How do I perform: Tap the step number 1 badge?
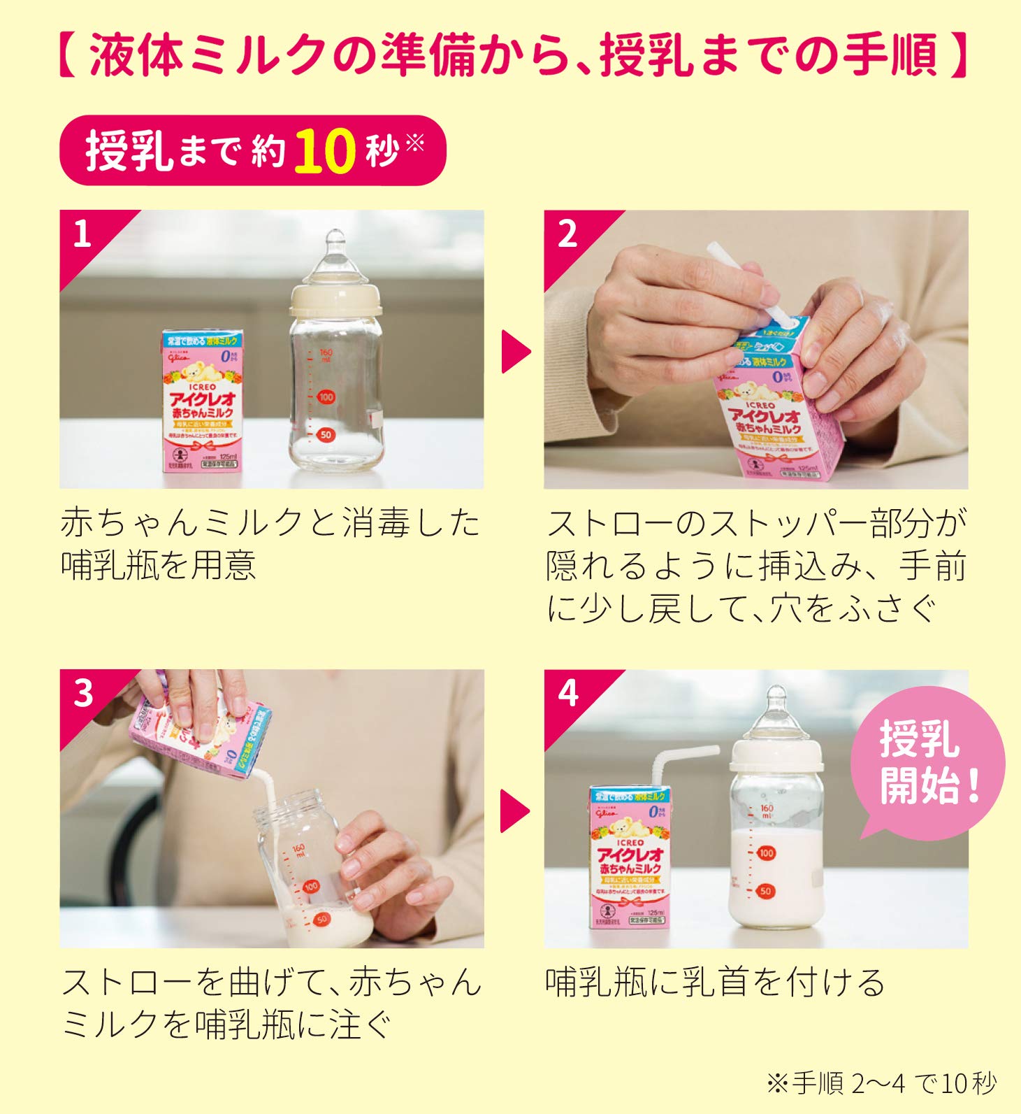[x=82, y=234]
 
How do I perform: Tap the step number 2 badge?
[x=567, y=234]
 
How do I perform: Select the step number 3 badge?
[x=83, y=693]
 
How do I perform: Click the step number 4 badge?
[x=567, y=693]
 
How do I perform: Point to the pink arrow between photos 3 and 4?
[x=515, y=811]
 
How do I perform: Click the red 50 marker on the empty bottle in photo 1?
[x=325, y=434]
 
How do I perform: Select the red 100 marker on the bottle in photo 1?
[x=326, y=397]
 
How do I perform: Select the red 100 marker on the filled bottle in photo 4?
[x=767, y=852]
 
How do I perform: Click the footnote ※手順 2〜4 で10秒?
[x=881, y=1083]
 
